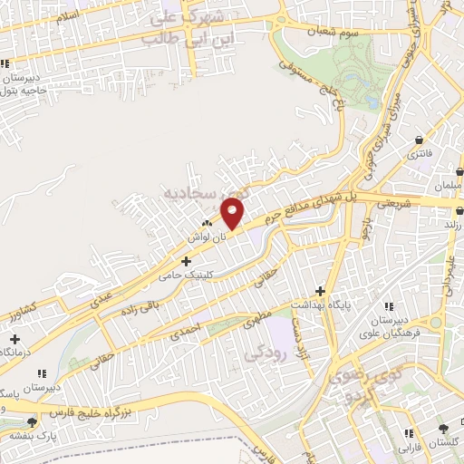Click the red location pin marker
[x=233, y=215]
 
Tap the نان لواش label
[x=205, y=236]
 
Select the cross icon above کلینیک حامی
[x=186, y=260]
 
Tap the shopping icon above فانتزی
[x=419, y=140]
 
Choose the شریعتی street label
[x=394, y=204]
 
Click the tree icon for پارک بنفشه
[x=34, y=421]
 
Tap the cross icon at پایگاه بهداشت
[x=320, y=291]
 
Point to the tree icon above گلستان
[x=443, y=429]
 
